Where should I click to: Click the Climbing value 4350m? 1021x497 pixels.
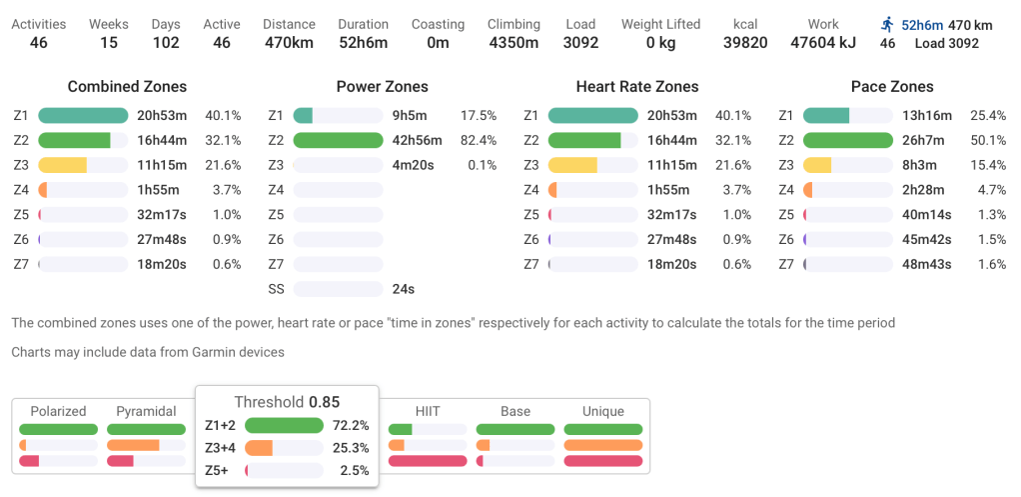(513, 43)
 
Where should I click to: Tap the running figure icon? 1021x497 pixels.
(887, 24)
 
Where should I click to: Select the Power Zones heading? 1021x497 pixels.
(383, 87)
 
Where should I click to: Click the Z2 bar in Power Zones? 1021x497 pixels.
(339, 140)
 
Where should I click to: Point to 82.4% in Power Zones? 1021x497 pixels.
(478, 140)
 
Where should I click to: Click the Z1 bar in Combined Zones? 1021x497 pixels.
(84, 115)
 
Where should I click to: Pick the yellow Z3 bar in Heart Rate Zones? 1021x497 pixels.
(572, 165)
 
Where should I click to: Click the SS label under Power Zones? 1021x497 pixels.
(277, 289)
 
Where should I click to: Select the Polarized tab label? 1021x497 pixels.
(58, 411)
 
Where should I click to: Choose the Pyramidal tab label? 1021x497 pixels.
(146, 411)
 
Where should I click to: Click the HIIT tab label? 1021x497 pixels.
(428, 411)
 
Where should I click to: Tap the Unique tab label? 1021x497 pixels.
(602, 411)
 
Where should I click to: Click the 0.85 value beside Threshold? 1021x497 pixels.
(324, 402)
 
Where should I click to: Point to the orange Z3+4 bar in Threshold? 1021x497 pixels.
(260, 448)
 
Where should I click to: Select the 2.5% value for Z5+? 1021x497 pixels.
(354, 470)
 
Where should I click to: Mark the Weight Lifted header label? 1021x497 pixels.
(660, 24)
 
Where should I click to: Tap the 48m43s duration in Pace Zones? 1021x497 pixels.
(923, 264)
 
